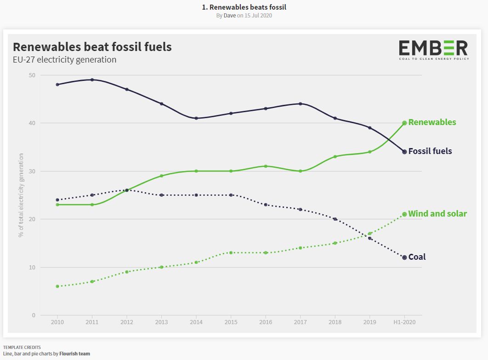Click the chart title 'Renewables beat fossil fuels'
click(x=92, y=47)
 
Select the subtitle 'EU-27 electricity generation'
click(x=64, y=60)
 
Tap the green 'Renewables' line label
click(x=432, y=122)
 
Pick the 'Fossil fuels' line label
click(x=430, y=151)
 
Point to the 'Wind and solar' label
click(x=437, y=214)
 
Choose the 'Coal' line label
click(x=417, y=257)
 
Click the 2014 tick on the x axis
click(x=196, y=322)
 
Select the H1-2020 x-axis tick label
click(x=404, y=322)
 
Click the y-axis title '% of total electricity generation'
click(x=21, y=195)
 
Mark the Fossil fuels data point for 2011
click(x=92, y=80)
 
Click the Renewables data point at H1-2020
click(x=404, y=123)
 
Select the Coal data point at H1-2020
click(x=404, y=257)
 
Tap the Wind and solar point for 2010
click(x=57, y=286)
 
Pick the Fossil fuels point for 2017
click(x=301, y=104)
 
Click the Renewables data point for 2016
click(x=266, y=166)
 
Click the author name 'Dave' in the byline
click(x=230, y=16)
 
